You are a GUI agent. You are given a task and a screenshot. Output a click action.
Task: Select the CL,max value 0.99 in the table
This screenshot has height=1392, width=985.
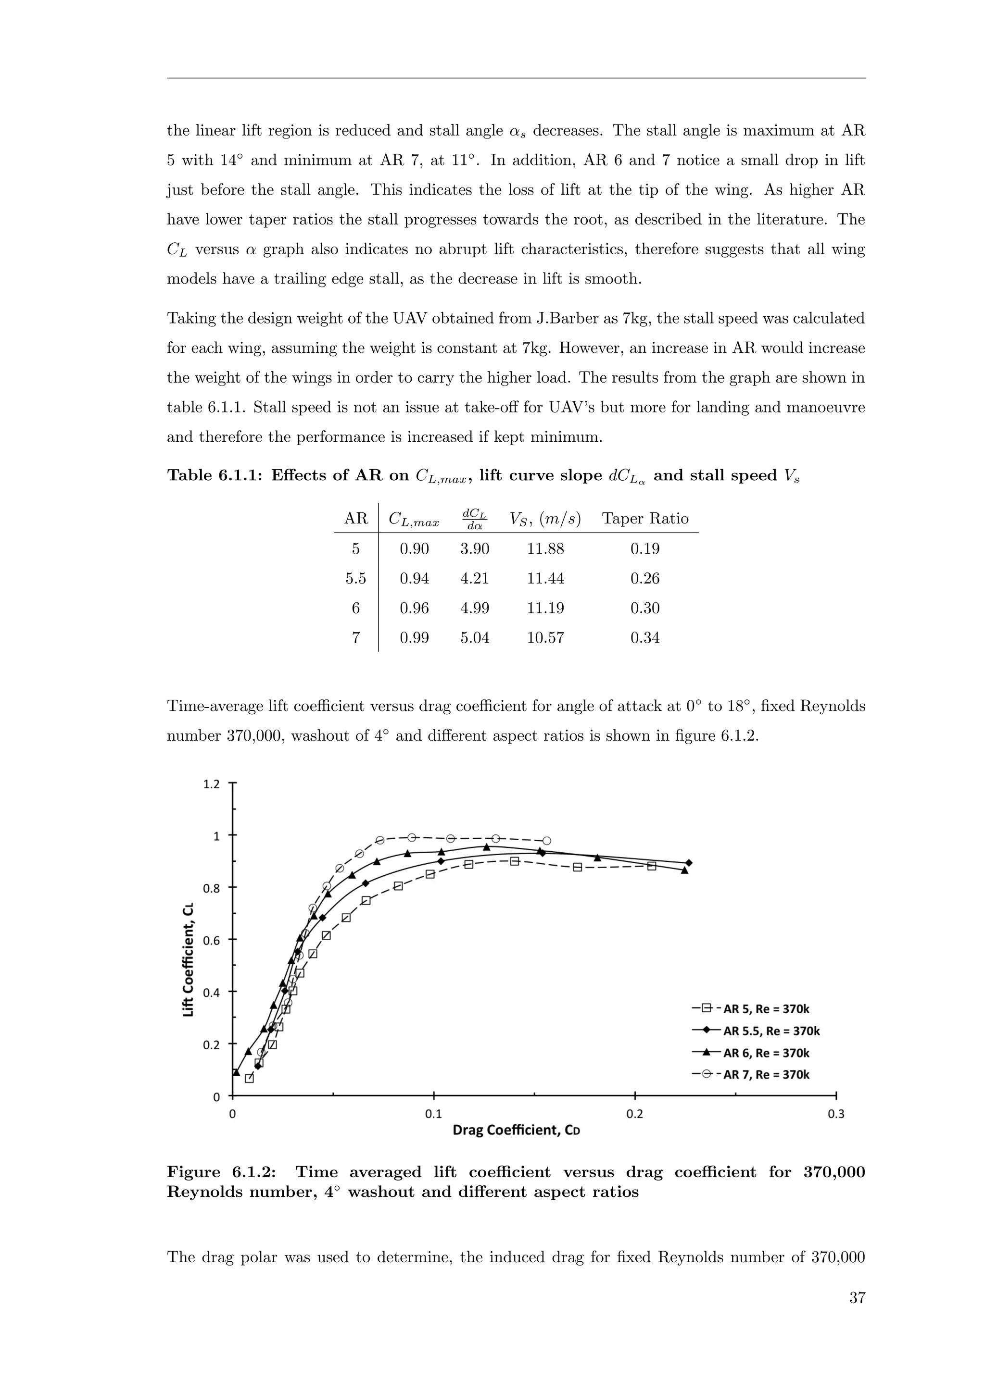(x=414, y=638)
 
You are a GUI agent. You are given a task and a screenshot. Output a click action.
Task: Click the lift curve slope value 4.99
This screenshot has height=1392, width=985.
(x=474, y=608)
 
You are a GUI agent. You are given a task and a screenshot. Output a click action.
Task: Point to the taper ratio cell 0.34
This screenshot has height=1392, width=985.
(x=645, y=638)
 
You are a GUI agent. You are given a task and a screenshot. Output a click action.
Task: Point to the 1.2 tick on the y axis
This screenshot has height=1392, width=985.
(x=212, y=784)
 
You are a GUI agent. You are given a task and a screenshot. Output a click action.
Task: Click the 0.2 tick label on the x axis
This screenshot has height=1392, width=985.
(x=634, y=1114)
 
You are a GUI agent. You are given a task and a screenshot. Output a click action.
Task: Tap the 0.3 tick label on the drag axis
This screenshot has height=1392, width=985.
(x=836, y=1114)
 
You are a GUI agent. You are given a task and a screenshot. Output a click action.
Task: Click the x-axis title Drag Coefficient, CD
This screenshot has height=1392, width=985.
(x=516, y=1130)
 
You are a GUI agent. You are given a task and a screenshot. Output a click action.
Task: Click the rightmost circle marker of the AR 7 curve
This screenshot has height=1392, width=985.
(x=546, y=841)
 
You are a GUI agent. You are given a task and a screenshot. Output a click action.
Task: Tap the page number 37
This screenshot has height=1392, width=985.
(x=857, y=1298)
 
